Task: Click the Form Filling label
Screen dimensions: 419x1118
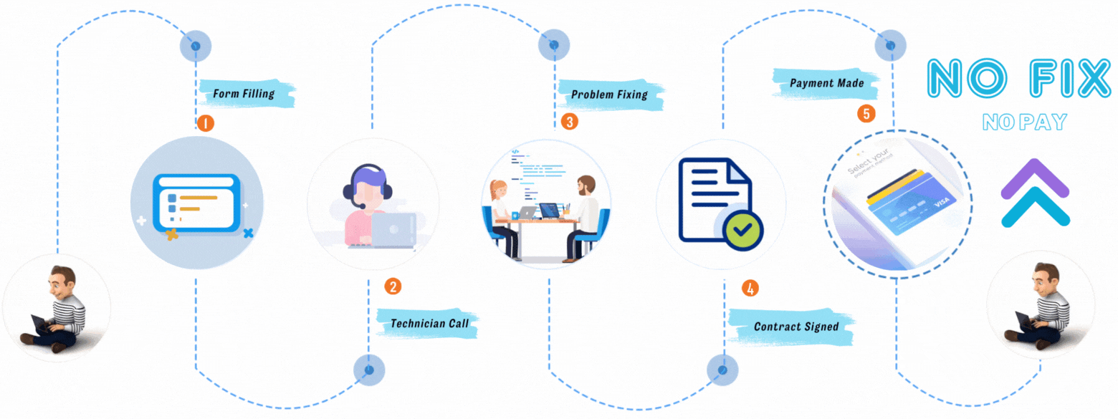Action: [x=244, y=94]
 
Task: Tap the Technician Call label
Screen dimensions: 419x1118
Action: [x=429, y=324]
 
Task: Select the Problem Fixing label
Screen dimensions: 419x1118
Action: [x=609, y=95]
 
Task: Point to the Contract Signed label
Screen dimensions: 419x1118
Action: [x=795, y=327]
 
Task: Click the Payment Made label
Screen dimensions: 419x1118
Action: [x=826, y=83]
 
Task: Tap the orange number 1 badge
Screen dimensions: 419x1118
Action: [x=205, y=123]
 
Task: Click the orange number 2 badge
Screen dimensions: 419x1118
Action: [x=392, y=286]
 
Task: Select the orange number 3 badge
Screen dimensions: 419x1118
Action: [x=569, y=121]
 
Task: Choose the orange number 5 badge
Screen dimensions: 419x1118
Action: [x=866, y=113]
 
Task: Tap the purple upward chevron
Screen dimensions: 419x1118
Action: [x=1034, y=179]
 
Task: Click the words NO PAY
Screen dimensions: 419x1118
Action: [x=1024, y=122]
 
